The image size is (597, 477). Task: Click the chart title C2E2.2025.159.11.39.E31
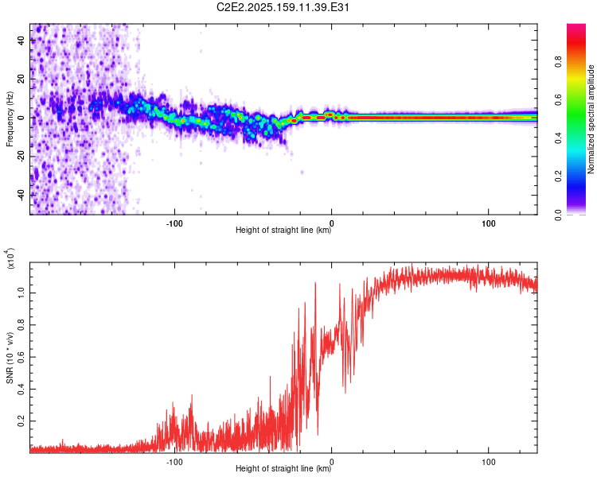283,8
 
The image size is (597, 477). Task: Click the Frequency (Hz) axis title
10,119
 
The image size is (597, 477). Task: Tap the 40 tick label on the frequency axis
21,41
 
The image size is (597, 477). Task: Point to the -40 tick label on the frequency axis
21,195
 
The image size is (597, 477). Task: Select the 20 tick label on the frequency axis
21,79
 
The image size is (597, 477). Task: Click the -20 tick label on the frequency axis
21,156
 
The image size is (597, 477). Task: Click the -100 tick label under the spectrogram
174,223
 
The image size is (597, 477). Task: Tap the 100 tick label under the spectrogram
489,223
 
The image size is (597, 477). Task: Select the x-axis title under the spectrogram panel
283,230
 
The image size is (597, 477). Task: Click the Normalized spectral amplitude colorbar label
591,119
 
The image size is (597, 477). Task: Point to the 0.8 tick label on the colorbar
558,62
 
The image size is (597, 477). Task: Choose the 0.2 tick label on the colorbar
558,176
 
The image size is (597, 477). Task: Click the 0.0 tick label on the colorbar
558,215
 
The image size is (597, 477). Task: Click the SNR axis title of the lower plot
10,358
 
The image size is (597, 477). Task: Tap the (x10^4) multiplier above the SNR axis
10,258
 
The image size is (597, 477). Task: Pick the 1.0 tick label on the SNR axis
21,293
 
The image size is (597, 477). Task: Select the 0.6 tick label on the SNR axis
21,357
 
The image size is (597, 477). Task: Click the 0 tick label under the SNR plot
332,462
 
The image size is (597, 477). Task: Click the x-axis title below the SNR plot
283,468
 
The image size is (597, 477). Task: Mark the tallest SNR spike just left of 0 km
315,283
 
